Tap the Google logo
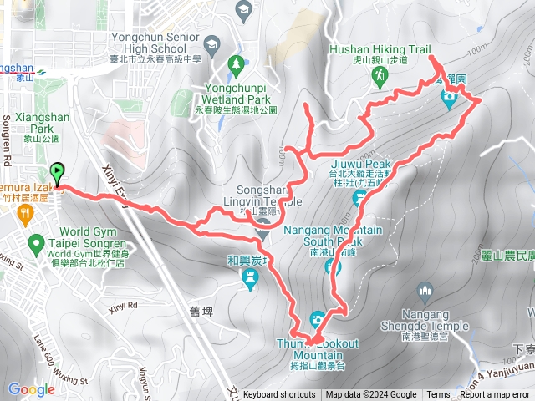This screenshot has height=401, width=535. coord(31,389)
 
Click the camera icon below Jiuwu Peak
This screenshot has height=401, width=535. coord(360,197)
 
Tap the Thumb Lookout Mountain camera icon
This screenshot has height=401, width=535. coord(317,318)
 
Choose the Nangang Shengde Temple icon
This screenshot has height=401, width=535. coord(425,292)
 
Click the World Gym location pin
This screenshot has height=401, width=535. coord(35,245)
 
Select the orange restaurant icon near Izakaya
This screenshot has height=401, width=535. coord(28,215)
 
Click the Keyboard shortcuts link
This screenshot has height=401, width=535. coord(279,395)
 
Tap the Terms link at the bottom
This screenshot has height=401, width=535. coord(438,395)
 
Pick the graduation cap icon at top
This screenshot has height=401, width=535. coord(244,10)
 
